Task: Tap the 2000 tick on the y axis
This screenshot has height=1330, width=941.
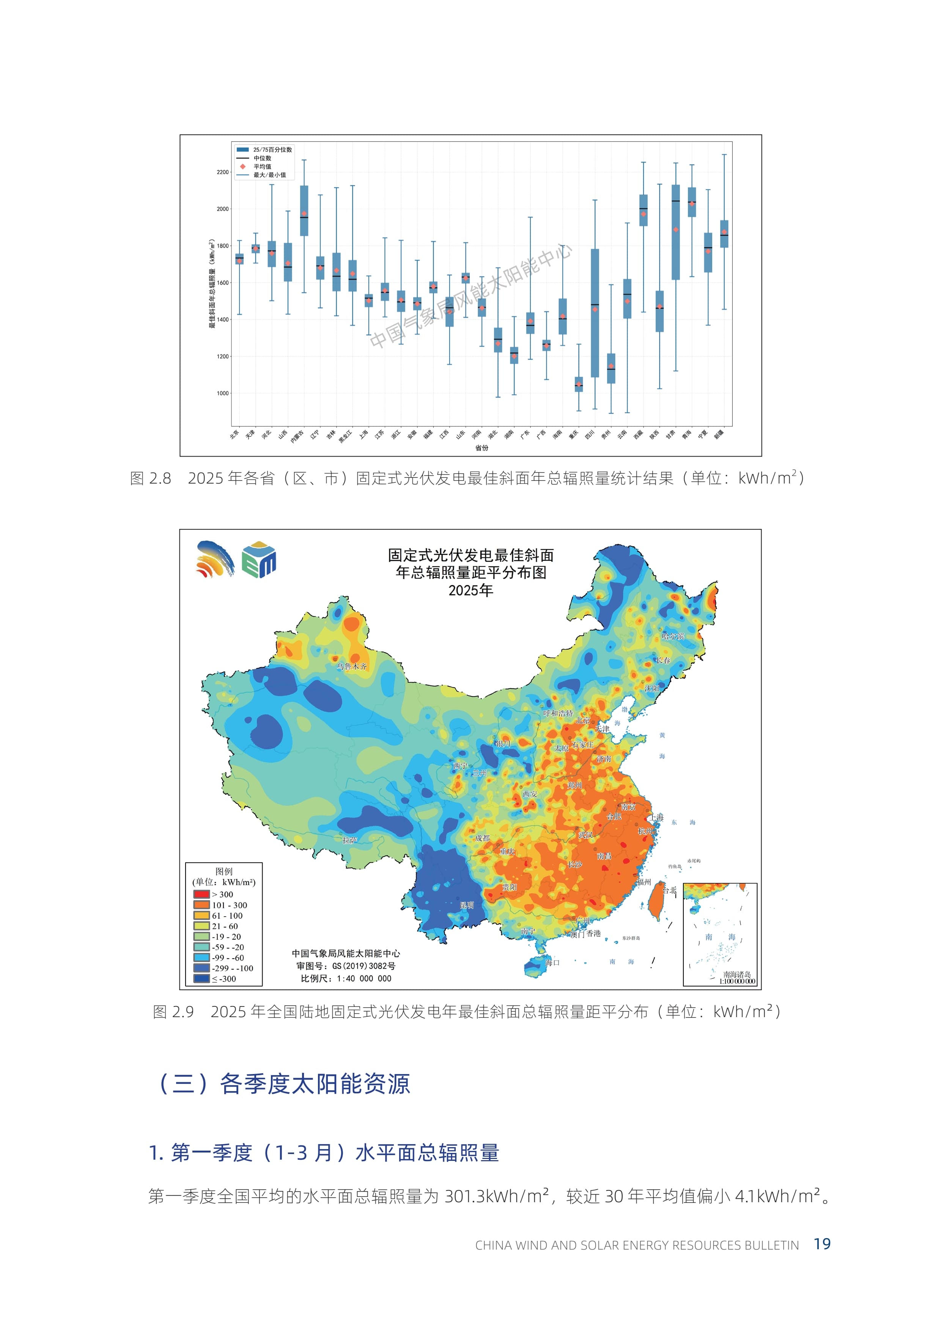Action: pos(222,209)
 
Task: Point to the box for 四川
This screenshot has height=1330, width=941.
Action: pos(595,313)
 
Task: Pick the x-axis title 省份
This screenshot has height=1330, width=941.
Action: pos(482,448)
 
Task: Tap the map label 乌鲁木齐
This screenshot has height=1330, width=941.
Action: pos(352,667)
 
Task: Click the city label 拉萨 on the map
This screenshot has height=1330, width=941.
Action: pos(349,840)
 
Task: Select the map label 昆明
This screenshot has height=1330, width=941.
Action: pos(466,905)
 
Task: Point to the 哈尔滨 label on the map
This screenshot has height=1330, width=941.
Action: pos(673,636)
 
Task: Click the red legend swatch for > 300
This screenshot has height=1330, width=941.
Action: pos(201,894)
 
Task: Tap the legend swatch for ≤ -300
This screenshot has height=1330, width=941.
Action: pos(201,979)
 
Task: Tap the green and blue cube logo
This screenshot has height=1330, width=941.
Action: pos(259,560)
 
